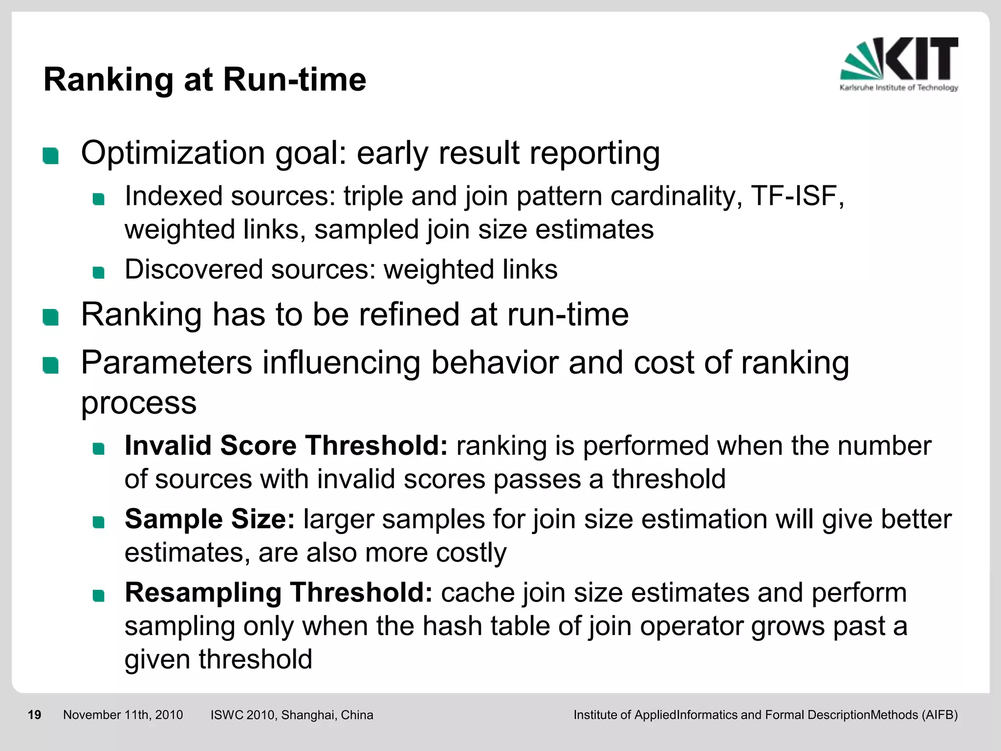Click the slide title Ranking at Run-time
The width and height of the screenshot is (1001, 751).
point(204,79)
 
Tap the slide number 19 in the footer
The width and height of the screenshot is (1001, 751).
point(34,715)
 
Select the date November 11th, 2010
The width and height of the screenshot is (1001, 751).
point(123,715)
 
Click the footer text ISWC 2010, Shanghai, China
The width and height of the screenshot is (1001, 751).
point(292,715)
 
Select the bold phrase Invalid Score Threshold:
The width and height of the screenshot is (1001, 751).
point(286,445)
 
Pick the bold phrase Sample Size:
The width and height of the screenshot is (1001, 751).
point(210,519)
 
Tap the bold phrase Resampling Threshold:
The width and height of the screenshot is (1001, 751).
point(279,593)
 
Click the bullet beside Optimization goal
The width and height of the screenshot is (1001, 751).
point(51,156)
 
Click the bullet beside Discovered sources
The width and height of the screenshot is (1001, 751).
point(99,272)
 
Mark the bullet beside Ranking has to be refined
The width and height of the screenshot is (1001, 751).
point(51,317)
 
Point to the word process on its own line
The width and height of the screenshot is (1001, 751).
point(138,404)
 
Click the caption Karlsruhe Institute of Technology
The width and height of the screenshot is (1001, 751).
point(898,88)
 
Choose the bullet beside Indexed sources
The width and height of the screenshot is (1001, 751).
point(99,199)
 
